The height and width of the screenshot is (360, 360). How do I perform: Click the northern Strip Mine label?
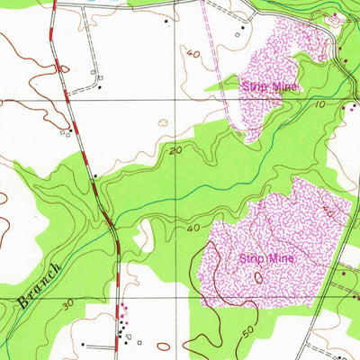pyautogui.click(x=269, y=86)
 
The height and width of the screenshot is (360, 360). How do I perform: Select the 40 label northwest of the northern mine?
pyautogui.click(x=193, y=54)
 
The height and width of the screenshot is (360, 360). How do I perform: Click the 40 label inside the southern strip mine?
pyautogui.click(x=328, y=212)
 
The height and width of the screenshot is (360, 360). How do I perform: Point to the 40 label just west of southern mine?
pyautogui.click(x=193, y=228)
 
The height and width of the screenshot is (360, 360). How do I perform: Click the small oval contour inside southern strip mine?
pyautogui.click(x=258, y=278)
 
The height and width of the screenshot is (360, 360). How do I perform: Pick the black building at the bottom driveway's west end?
pyautogui.click(x=83, y=344)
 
